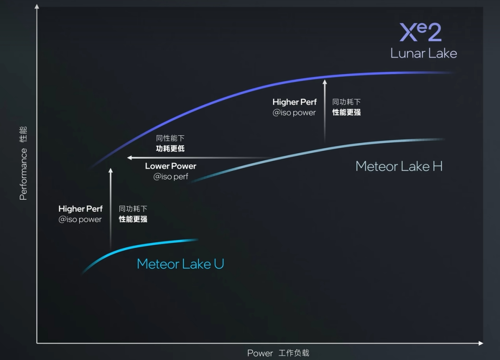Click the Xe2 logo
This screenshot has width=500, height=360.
(x=420, y=33)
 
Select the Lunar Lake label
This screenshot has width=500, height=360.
(x=424, y=53)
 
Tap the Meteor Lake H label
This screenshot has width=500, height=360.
(x=399, y=166)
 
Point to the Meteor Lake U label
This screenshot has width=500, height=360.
(x=180, y=264)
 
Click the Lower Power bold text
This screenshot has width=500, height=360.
(x=170, y=166)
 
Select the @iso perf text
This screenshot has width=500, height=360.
(x=171, y=177)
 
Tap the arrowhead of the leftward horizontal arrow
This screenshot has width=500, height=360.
(x=130, y=158)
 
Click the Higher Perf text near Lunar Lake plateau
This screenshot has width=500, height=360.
(x=294, y=102)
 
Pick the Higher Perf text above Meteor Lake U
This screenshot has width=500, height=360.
(x=81, y=209)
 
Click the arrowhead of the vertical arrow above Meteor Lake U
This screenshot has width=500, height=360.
(x=110, y=171)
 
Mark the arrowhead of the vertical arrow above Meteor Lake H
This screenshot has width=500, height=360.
(x=325, y=82)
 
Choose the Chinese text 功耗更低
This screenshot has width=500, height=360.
(x=170, y=149)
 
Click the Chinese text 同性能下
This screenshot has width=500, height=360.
(x=170, y=139)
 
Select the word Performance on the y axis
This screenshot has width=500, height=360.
(x=23, y=174)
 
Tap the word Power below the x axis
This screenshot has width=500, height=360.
(x=260, y=353)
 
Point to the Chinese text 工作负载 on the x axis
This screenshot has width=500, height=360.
(x=294, y=353)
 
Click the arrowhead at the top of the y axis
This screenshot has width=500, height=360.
(x=37, y=6)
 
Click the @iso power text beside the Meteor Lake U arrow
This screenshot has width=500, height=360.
(x=80, y=220)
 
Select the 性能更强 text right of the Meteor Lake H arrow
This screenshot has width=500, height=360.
(x=346, y=112)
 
